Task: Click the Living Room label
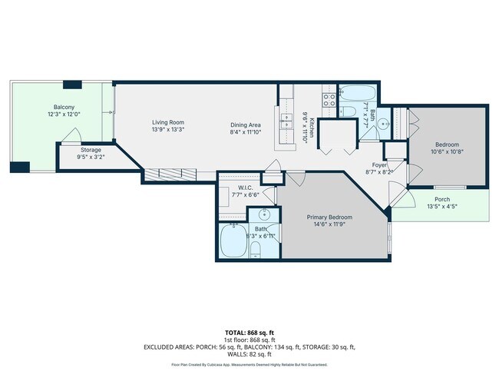pos(167,122)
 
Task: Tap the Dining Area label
pos(246,125)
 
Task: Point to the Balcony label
pos(64,107)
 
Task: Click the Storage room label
pos(91,150)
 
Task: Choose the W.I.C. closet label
pos(246,187)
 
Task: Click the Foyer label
pos(379,165)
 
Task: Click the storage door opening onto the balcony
pos(70,141)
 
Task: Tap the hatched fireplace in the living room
pos(167,174)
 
